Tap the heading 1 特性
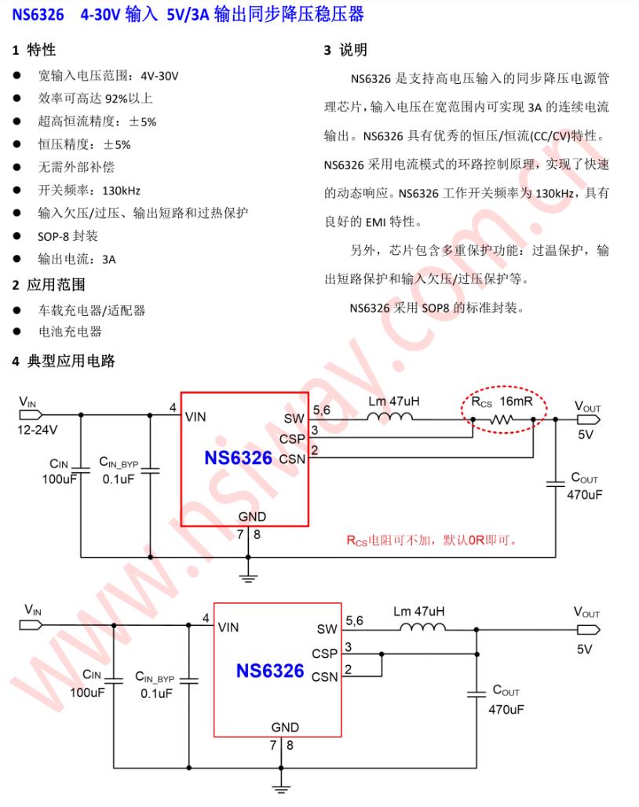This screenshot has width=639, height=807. pyautogui.click(x=34, y=50)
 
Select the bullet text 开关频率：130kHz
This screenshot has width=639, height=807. pyautogui.click(x=89, y=191)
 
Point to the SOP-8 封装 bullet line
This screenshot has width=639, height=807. pyautogui.click(x=68, y=236)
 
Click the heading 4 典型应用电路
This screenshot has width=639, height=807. pyautogui.click(x=64, y=361)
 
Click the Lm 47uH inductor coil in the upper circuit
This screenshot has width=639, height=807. pyautogui.click(x=393, y=419)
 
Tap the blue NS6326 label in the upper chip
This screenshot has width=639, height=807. pyautogui.click(x=238, y=458)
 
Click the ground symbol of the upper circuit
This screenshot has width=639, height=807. pyautogui.click(x=248, y=579)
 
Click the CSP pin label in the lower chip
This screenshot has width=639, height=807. pyautogui.click(x=324, y=653)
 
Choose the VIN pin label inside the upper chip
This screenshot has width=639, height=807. pyautogui.click(x=196, y=417)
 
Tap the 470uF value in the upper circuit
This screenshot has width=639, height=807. pyautogui.click(x=584, y=495)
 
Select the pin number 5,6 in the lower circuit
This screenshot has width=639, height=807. pyautogui.click(x=354, y=620)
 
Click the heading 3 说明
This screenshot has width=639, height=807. pyautogui.click(x=345, y=50)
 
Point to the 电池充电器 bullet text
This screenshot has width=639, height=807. pyautogui.click(x=70, y=332)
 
